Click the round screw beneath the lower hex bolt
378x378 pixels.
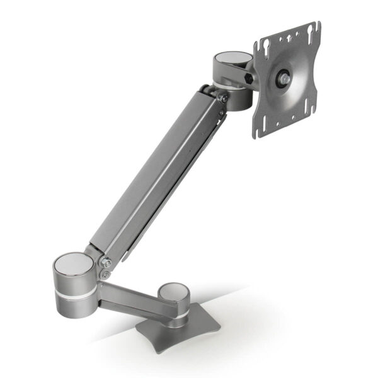click(x=105, y=274)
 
